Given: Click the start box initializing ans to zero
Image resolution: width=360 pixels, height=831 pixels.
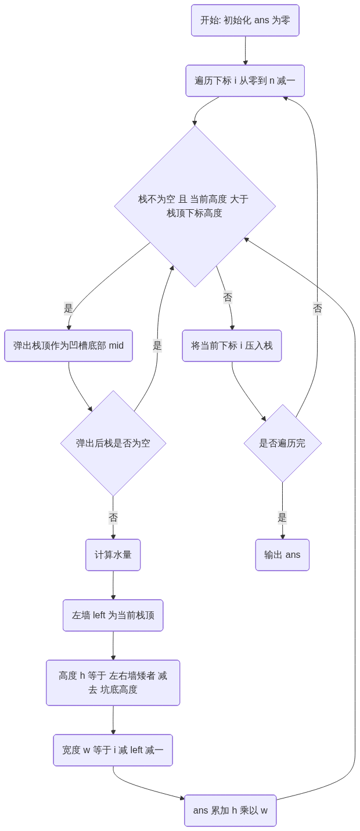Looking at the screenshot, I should coord(245,20).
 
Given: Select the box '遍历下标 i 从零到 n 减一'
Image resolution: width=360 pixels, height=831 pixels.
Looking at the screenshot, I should coord(245,81).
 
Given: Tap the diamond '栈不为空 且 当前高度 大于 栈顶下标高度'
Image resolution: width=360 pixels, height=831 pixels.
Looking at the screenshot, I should coord(195,206).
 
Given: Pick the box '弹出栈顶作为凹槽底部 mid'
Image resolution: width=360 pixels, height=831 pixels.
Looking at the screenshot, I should coord(69,346).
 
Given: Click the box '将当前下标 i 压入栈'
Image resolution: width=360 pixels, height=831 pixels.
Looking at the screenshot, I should coord(232,346).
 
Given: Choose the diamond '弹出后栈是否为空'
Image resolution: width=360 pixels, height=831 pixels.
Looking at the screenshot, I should coord(113,443).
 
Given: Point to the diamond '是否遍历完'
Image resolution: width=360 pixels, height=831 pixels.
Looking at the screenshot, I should coord(282,443).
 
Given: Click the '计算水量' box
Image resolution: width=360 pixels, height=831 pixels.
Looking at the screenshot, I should coord(113,555).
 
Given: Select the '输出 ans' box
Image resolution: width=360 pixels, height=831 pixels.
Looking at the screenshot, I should coord(282,555).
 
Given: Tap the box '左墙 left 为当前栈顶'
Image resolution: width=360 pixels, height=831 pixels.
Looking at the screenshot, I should coord(113,615).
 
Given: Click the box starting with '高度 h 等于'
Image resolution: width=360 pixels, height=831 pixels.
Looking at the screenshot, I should coord(113,683).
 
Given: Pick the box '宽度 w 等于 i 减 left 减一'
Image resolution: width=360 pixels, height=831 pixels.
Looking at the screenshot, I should coord(113,750).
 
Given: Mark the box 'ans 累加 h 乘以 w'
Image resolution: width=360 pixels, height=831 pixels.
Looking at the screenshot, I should coord(231,811).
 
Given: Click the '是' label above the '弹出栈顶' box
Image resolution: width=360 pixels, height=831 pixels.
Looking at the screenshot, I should coord(69,309).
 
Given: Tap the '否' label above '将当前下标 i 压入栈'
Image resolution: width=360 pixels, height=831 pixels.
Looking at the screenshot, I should coord(228,298).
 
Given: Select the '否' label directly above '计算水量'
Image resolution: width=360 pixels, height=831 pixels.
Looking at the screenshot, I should coord(113,517).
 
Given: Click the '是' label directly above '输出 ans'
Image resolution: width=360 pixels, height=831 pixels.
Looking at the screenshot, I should coord(282,517).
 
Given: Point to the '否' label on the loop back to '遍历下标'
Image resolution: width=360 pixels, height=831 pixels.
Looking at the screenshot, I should coord(317,309).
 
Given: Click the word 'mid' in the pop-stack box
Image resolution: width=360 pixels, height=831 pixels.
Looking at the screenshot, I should coord(116,346).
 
